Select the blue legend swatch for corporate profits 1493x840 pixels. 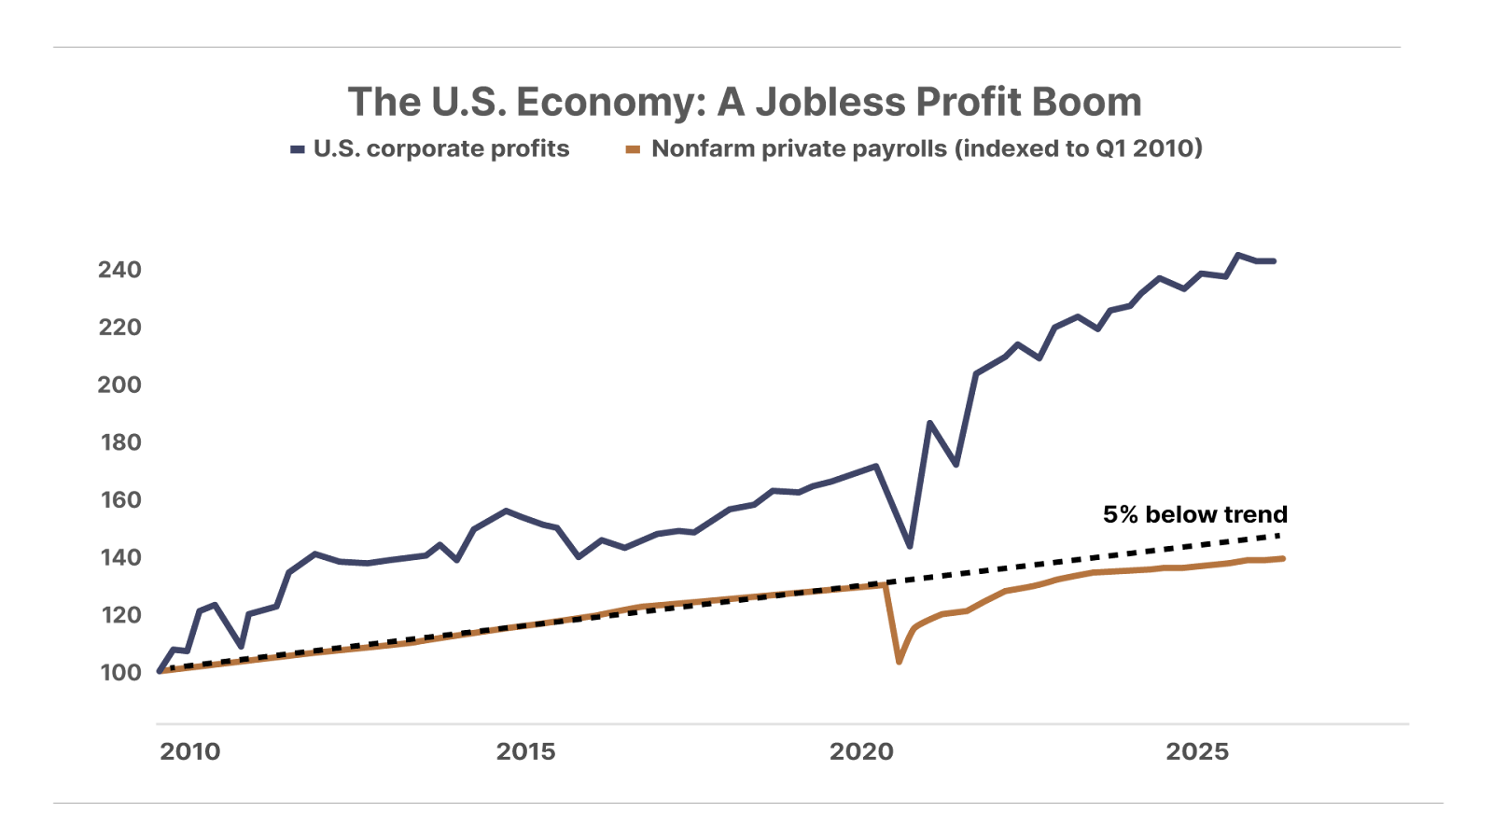[298, 149]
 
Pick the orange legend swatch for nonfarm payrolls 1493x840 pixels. [633, 149]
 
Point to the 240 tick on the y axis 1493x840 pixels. [119, 270]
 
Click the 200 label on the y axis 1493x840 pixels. [119, 385]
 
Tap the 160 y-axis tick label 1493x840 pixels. [119, 500]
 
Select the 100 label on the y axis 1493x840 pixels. [119, 673]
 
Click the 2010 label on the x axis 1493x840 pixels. [189, 752]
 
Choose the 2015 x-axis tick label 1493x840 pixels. [525, 752]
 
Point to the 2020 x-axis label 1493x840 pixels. [861, 752]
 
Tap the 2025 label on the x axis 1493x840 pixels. [1197, 752]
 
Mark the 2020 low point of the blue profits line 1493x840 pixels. [910, 546]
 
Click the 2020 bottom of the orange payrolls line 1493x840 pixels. [899, 662]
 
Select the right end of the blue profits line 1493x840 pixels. [1274, 261]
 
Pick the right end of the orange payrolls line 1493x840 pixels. [1284, 559]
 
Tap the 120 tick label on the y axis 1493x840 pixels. [119, 615]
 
